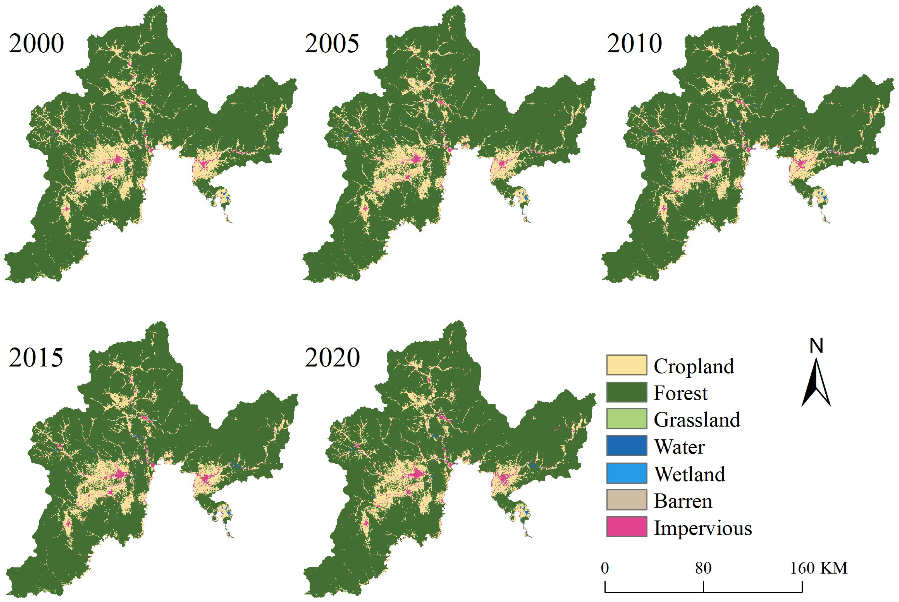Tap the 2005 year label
[x=332, y=43]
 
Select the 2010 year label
[x=634, y=43]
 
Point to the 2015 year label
[x=36, y=358]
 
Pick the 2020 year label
[x=332, y=358]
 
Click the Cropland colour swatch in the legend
[x=627, y=365]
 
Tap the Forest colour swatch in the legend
[x=627, y=392]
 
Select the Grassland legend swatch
[x=627, y=419]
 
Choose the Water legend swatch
[x=627, y=446]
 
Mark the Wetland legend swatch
[x=627, y=473]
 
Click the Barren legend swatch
[x=627, y=500]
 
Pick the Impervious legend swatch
[x=627, y=527]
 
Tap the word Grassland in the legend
[x=697, y=420]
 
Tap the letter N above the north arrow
[x=816, y=346]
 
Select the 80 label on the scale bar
[x=703, y=568]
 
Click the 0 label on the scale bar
[x=605, y=568]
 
